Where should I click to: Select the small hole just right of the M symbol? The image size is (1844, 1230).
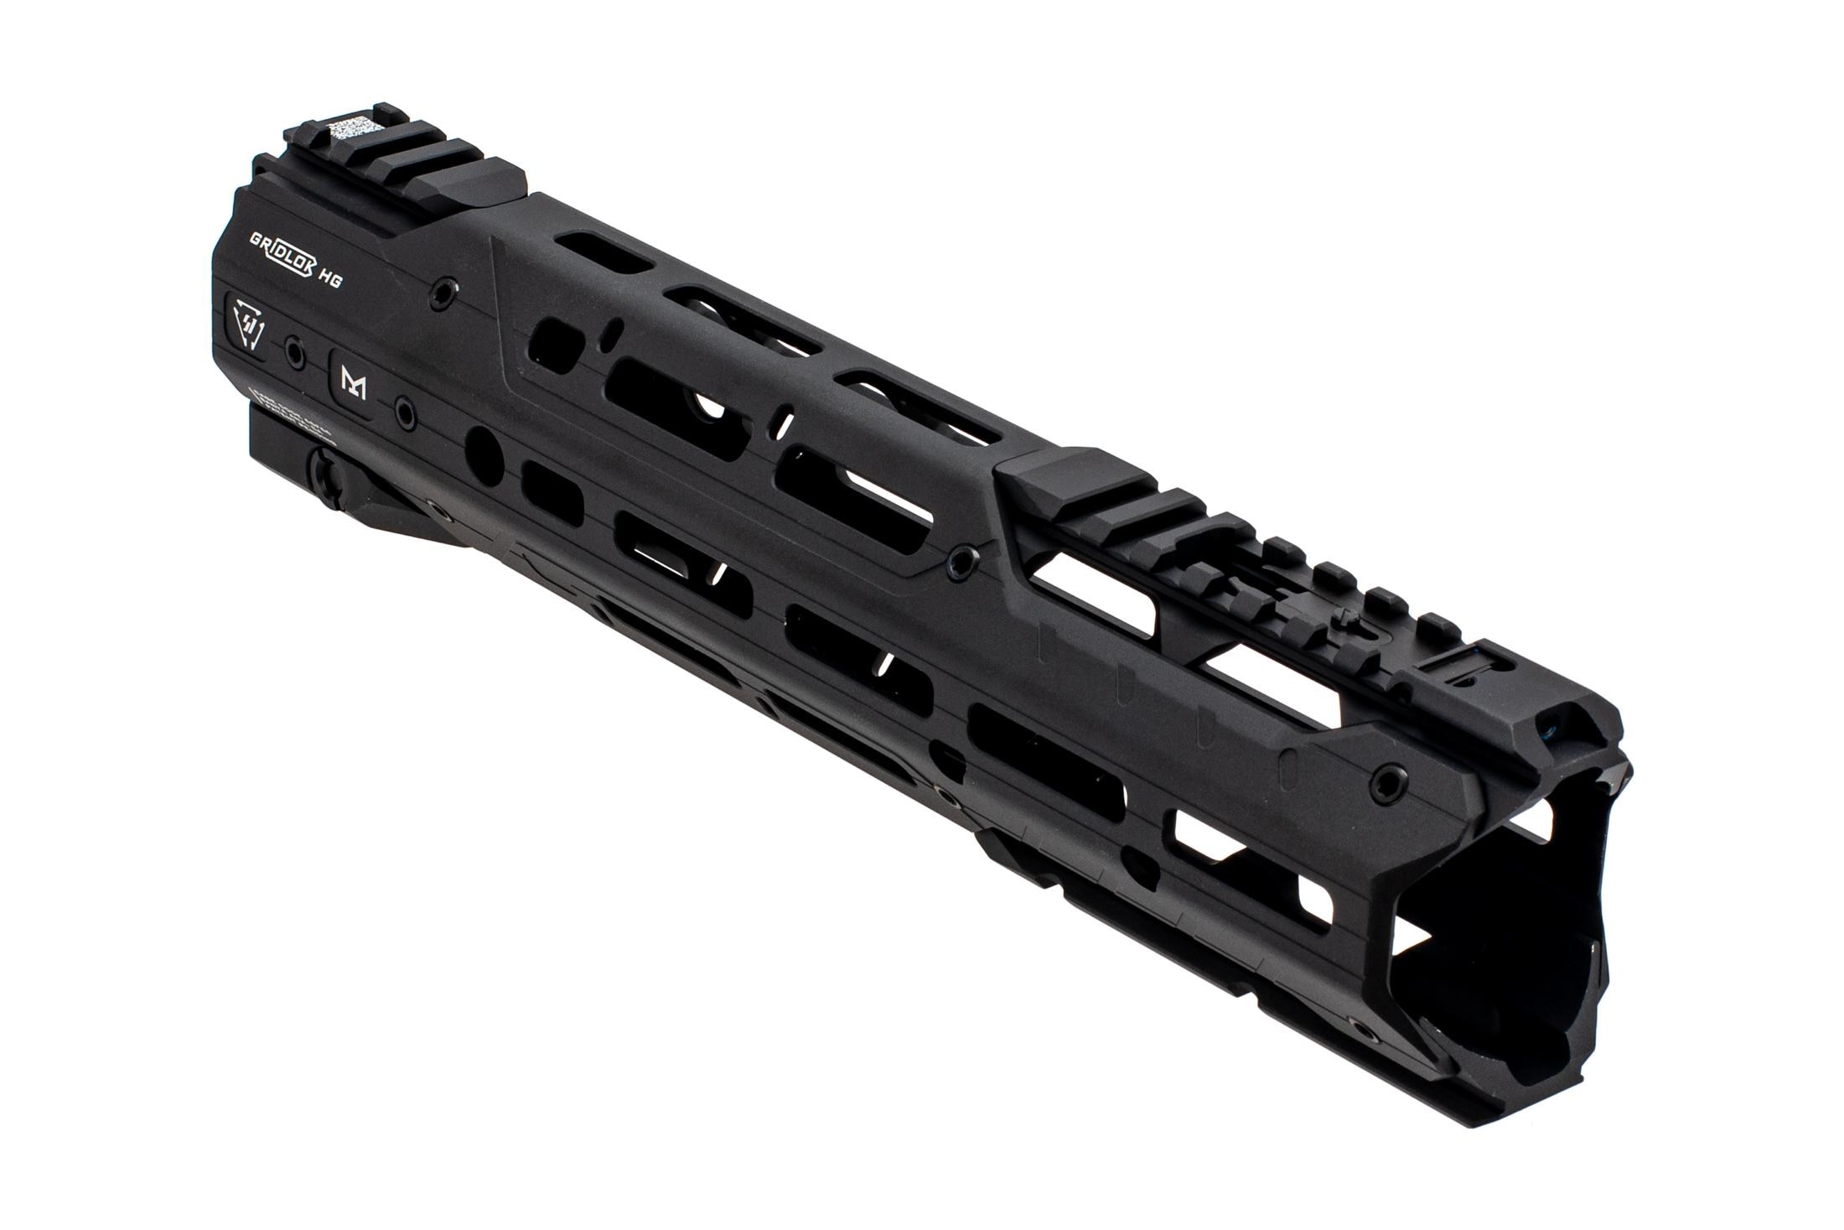[x=407, y=412]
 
